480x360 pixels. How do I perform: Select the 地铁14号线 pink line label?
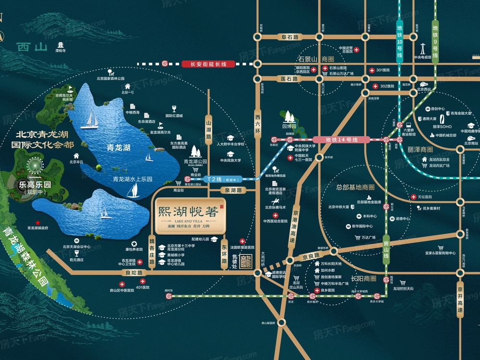tap(342, 139)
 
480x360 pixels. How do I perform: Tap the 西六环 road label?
tap(258, 122)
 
